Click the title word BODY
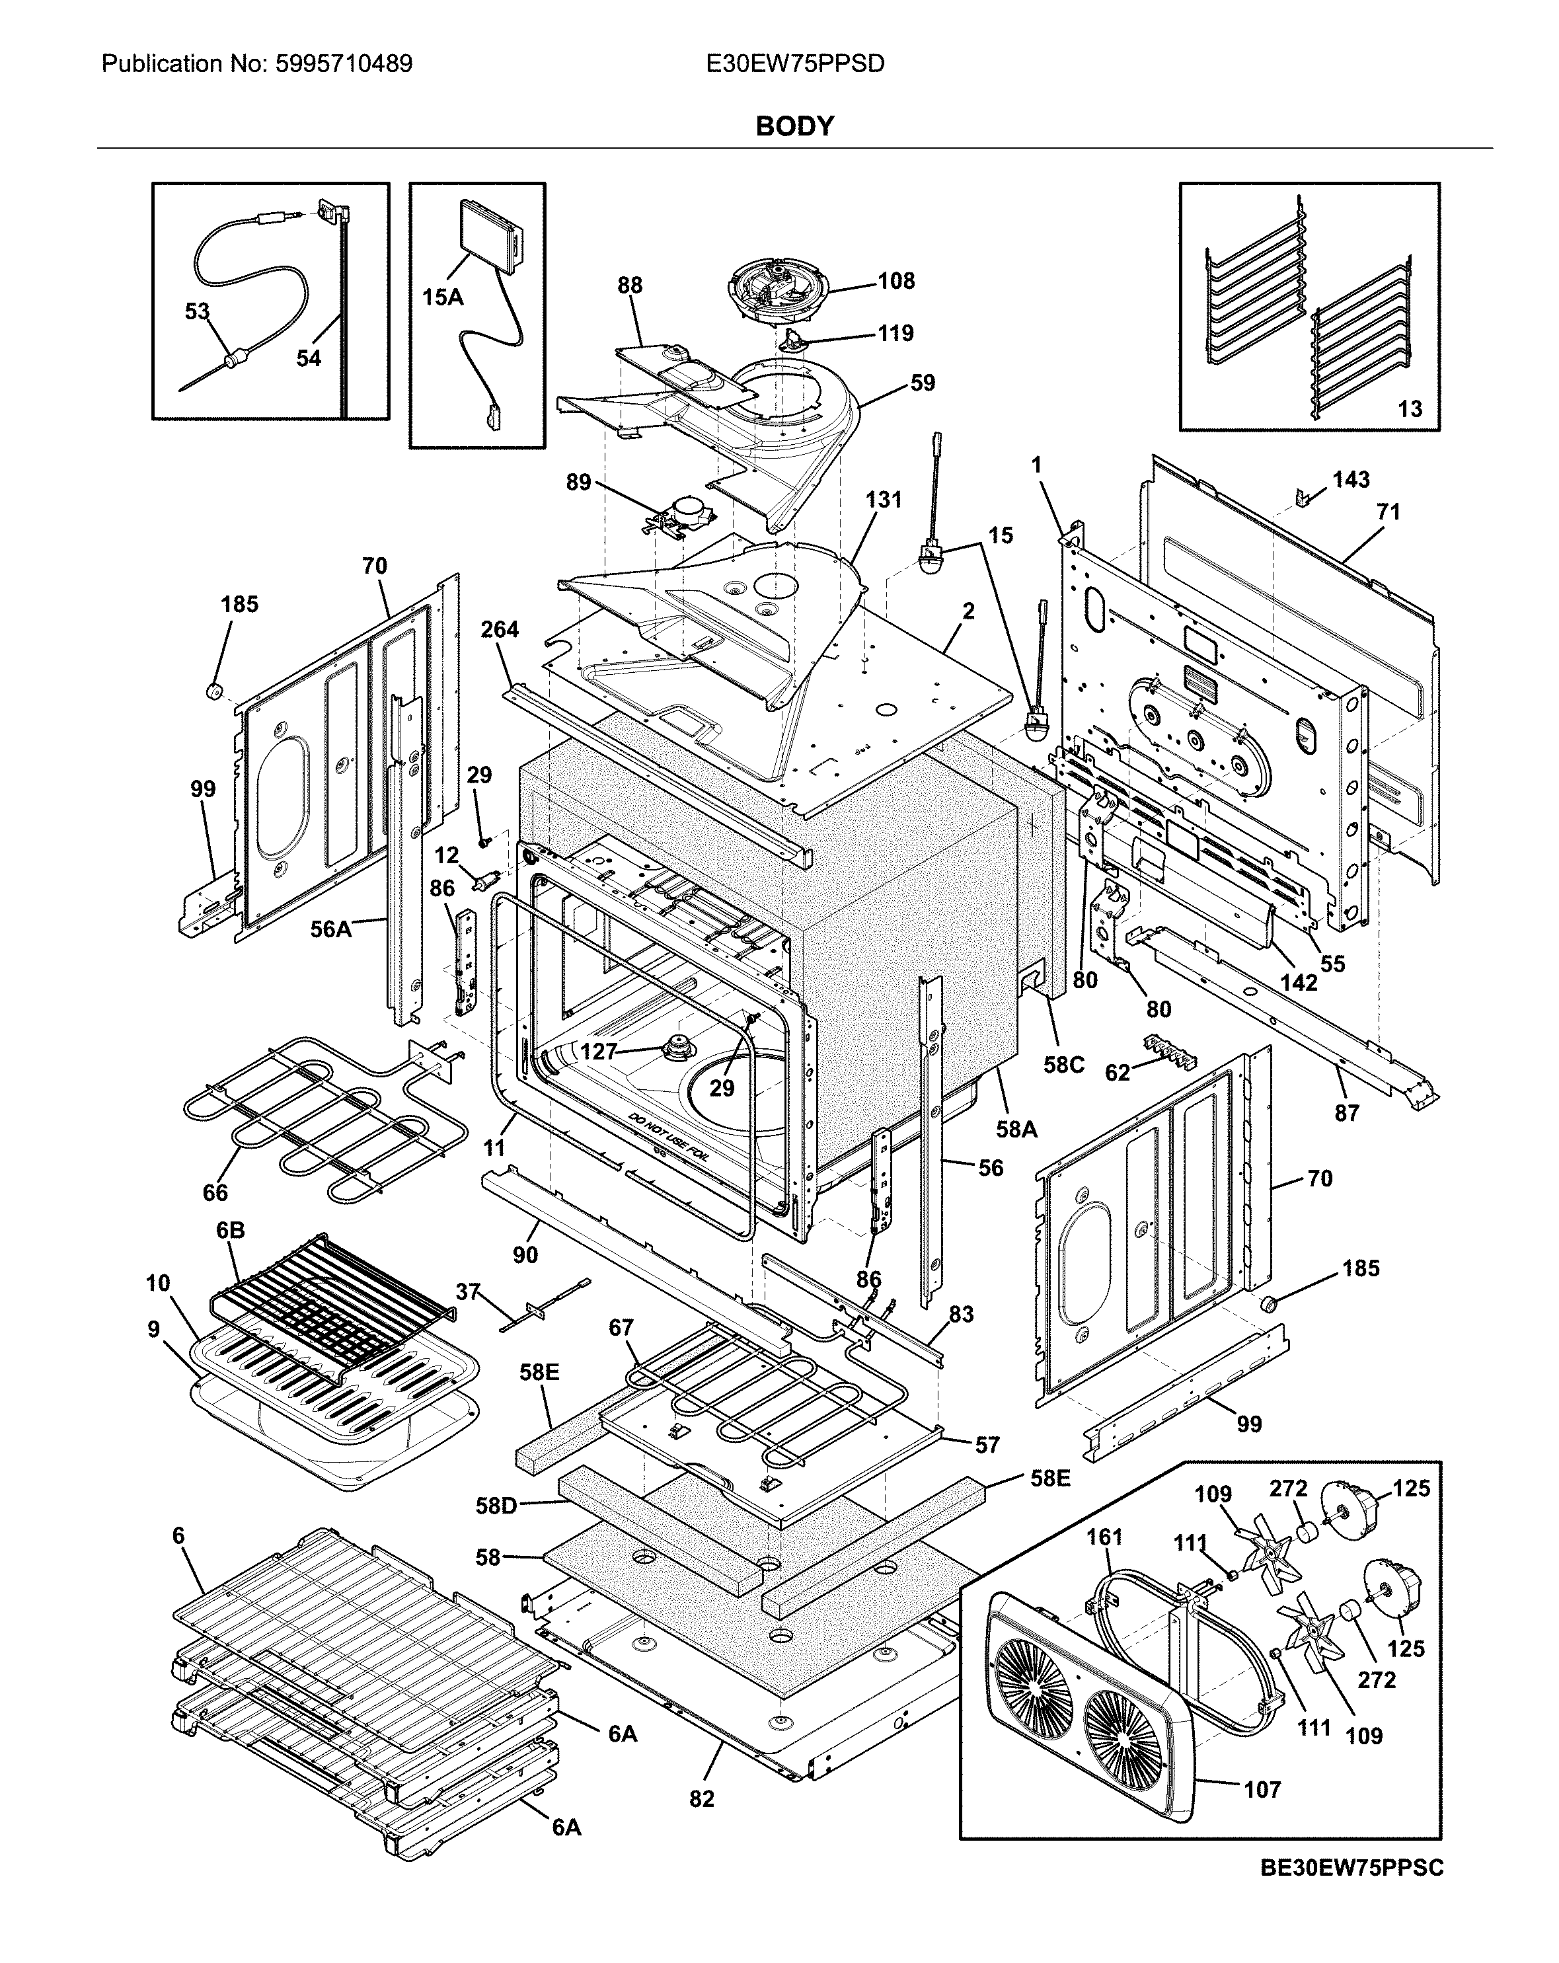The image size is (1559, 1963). (x=794, y=126)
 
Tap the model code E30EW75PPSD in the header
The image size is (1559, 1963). (x=794, y=63)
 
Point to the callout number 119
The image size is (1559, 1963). (x=895, y=333)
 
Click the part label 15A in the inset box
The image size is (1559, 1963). (x=443, y=297)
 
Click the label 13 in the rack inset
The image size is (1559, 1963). (x=1410, y=409)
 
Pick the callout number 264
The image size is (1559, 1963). (x=500, y=629)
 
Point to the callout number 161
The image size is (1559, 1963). (x=1104, y=1537)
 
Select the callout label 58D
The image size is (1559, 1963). (x=496, y=1506)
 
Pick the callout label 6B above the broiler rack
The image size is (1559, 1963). (x=231, y=1230)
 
